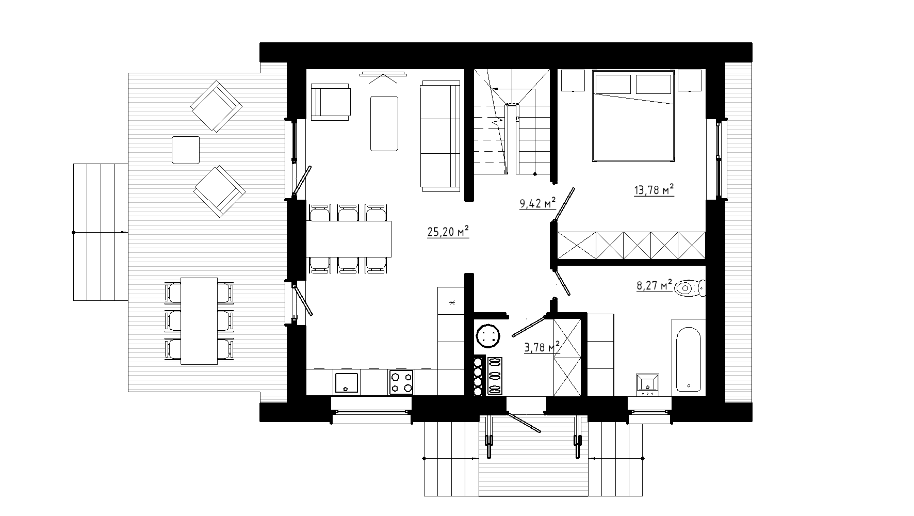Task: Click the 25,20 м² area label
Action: tap(448, 232)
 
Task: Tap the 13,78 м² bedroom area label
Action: tap(654, 191)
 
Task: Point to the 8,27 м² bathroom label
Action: tap(655, 285)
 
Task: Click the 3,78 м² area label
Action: tap(542, 348)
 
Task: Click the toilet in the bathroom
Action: tap(690, 288)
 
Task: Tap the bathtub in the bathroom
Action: tap(688, 356)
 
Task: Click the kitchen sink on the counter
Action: tap(347, 382)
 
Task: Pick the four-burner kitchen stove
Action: tap(401, 382)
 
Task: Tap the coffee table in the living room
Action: tap(384, 123)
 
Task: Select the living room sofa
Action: tap(440, 135)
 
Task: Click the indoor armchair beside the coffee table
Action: tap(331, 103)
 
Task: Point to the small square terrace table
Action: tap(186, 150)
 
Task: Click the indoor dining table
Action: tap(349, 238)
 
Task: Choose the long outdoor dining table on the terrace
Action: tap(199, 320)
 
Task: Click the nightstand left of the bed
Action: tap(573, 80)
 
